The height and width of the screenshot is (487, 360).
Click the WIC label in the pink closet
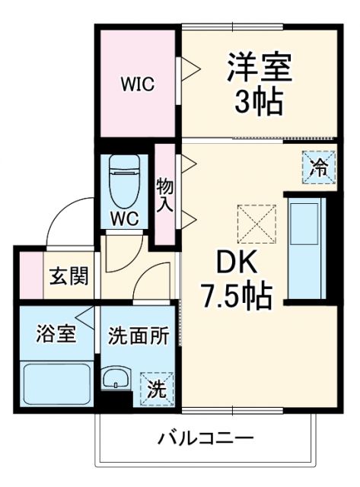[138, 84]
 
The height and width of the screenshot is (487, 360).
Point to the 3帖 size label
[258, 101]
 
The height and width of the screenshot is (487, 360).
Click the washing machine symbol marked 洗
[156, 390]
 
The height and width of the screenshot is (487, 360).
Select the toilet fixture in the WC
[123, 180]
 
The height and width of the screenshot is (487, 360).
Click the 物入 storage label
[164, 194]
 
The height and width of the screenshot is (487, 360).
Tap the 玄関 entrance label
[68, 276]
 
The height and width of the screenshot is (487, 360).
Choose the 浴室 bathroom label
[56, 333]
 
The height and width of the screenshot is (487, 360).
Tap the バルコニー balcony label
[205, 439]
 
